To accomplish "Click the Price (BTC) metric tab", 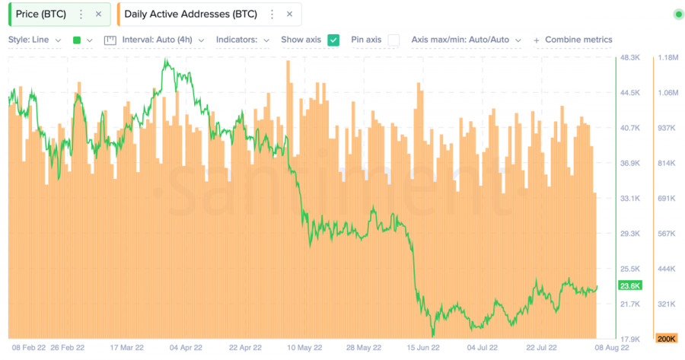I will (x=41, y=14).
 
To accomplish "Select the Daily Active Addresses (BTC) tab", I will (x=190, y=14).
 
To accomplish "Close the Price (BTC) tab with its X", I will (x=98, y=14).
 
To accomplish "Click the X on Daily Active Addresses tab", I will (x=289, y=14).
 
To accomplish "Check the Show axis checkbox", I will (x=333, y=40).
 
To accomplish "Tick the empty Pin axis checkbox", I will (x=393, y=40).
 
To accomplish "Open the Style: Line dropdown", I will (x=36, y=40).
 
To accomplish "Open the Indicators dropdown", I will (x=242, y=40).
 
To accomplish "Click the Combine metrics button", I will (x=572, y=40).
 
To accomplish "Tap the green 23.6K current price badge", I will (x=631, y=286).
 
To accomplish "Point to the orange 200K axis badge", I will (x=667, y=339).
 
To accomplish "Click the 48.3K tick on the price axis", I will (x=629, y=58).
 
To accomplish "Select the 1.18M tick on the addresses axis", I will (x=667, y=58).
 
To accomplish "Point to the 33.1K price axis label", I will (x=629, y=199).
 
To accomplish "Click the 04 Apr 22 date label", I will (x=186, y=348).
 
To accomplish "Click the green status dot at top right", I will (x=678, y=14).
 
